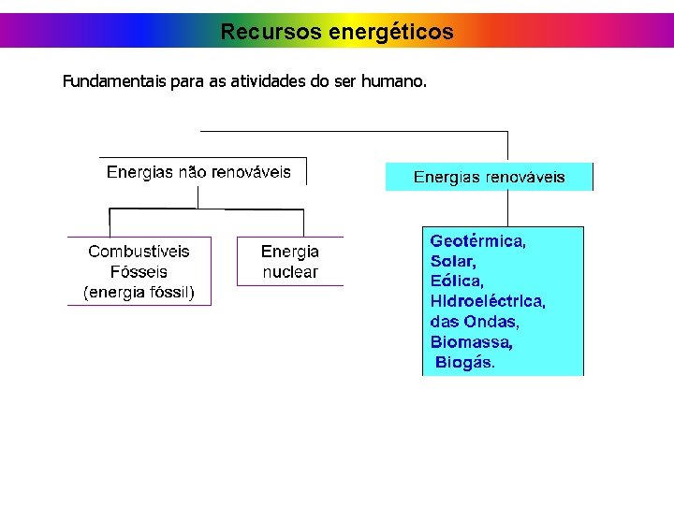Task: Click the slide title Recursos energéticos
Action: tap(337, 32)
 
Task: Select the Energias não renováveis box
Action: tap(199, 172)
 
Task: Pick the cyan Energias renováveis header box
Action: tap(489, 177)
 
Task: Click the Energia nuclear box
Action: tap(290, 262)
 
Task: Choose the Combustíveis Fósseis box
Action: tap(139, 271)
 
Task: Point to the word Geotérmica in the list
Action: tap(477, 240)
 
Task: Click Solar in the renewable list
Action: tap(453, 261)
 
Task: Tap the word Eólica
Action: tap(457, 281)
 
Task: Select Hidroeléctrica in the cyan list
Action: tap(488, 301)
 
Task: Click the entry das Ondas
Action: tap(475, 322)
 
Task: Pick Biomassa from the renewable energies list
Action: tap(471, 342)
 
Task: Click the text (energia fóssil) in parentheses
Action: tap(139, 293)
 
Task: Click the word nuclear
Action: tap(290, 272)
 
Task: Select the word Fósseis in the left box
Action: tap(139, 272)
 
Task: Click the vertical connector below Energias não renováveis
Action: tap(198, 196)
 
